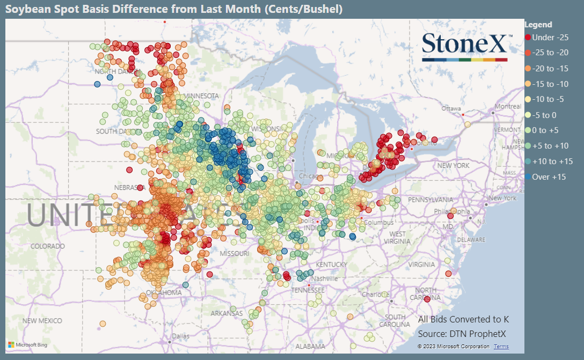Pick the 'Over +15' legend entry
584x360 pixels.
(549, 177)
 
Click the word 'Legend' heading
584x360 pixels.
(538, 25)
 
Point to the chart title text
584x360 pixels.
(174, 10)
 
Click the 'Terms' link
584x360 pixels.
(501, 347)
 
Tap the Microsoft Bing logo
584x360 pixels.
(28, 344)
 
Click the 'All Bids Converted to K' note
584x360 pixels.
(463, 320)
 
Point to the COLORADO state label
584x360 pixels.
(47, 246)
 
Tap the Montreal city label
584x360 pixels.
(508, 107)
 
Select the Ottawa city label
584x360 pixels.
(451, 108)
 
